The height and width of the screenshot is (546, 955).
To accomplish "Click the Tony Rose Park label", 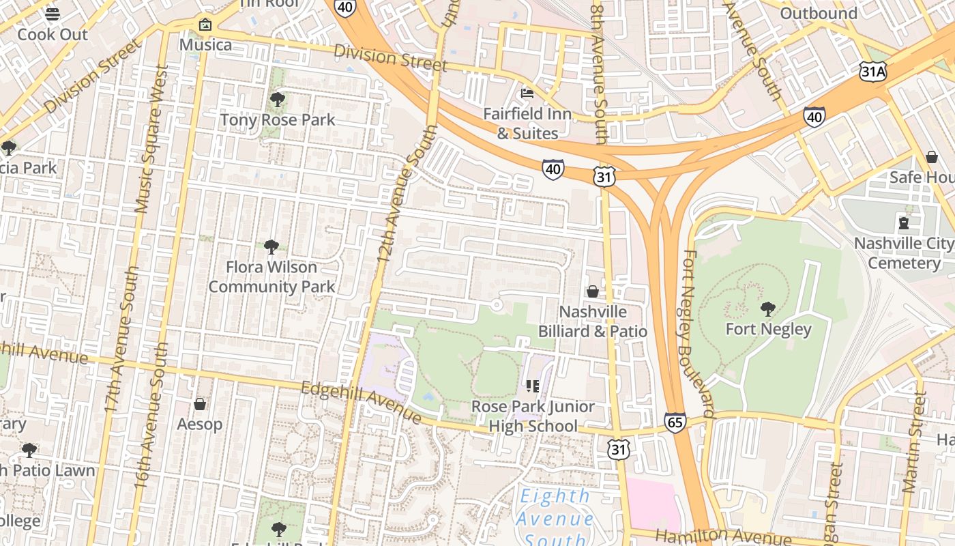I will [x=278, y=120].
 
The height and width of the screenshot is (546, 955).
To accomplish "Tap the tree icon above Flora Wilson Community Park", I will [x=271, y=246].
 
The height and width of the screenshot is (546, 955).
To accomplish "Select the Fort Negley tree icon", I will [x=768, y=309].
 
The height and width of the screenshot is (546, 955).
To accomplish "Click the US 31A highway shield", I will [x=872, y=71].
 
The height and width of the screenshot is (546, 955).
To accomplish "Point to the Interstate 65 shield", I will [x=675, y=422].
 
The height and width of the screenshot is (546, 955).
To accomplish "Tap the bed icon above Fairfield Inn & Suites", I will [x=527, y=93].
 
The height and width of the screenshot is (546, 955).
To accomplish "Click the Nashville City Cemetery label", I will [x=904, y=253].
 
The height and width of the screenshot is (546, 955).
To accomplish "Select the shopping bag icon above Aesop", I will [x=200, y=404].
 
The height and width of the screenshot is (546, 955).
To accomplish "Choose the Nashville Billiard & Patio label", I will [x=592, y=321].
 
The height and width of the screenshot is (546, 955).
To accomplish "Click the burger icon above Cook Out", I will [x=53, y=14].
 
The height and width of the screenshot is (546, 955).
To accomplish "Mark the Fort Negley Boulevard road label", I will [x=698, y=333].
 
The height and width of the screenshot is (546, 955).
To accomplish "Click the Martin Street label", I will [x=913, y=441].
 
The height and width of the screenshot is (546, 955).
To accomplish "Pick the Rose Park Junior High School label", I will [x=533, y=416].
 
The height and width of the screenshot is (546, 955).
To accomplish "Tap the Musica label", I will [x=205, y=45].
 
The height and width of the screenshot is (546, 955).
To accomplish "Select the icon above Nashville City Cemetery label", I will [x=904, y=223].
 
